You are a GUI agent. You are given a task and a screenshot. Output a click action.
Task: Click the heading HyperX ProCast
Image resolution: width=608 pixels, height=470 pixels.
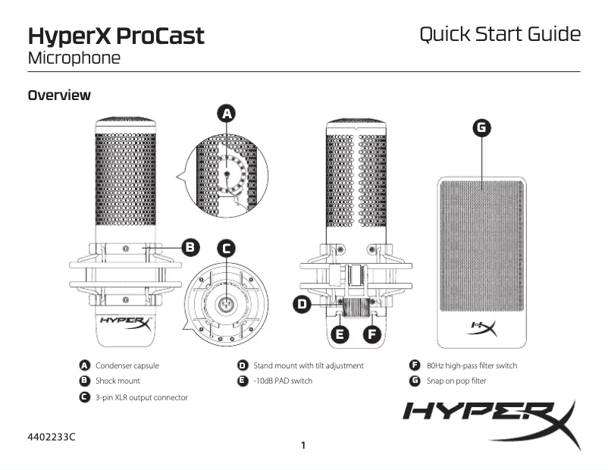click(116, 36)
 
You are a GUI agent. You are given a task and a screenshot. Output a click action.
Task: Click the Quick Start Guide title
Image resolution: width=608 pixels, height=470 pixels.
click(500, 35)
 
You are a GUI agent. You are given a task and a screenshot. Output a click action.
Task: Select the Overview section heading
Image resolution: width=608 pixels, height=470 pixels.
click(59, 96)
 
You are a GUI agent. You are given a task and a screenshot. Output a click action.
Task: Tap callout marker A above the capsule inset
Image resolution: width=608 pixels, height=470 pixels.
click(226, 114)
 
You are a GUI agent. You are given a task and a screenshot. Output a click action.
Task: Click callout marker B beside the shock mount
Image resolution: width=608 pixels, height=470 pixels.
click(191, 246)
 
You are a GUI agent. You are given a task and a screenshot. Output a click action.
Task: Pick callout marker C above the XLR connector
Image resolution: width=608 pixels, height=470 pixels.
click(226, 248)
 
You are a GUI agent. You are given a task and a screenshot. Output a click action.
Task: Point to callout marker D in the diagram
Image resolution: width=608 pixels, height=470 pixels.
click(302, 304)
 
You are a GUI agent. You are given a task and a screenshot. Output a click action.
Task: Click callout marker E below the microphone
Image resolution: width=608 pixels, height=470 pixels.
click(340, 333)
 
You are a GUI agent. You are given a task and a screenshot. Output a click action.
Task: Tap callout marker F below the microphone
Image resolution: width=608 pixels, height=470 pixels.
click(371, 333)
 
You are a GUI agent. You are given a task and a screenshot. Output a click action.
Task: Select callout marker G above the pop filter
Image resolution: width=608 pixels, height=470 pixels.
click(481, 128)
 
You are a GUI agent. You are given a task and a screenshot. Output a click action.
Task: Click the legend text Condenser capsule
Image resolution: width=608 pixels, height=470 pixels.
click(127, 365)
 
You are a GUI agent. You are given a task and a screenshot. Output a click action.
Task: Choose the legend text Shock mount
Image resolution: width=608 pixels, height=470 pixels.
click(118, 381)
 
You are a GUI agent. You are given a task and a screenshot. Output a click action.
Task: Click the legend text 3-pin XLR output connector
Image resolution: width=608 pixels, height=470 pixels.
click(141, 396)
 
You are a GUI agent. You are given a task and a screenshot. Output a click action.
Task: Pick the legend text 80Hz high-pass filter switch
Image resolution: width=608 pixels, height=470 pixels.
click(472, 365)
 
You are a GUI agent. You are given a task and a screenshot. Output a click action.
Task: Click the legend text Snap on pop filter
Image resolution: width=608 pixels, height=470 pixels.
click(456, 381)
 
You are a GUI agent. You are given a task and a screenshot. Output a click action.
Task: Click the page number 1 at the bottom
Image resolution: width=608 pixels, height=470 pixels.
click(303, 445)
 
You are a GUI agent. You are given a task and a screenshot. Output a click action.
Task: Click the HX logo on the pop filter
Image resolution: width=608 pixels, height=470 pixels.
click(482, 328)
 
